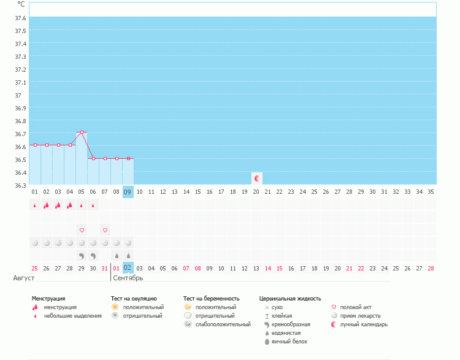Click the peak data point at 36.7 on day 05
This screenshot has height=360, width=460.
[x=82, y=132]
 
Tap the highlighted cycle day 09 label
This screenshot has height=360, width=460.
[x=128, y=191]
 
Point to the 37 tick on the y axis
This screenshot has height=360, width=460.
[x=18, y=95]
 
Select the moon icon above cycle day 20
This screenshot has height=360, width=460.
[x=257, y=178]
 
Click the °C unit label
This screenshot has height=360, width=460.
[x=21, y=4]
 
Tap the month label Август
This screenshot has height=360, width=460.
[x=24, y=278]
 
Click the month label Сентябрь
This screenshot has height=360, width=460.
[x=128, y=278]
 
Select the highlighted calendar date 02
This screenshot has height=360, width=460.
[x=128, y=267]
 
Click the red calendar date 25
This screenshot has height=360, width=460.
[x=35, y=268]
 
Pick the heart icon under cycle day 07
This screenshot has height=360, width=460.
[x=105, y=230]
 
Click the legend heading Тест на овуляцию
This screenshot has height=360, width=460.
[x=133, y=299]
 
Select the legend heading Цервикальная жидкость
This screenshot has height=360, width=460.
[x=290, y=299]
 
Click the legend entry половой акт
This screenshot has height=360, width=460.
[x=356, y=307]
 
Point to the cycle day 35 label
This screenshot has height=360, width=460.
[x=431, y=192]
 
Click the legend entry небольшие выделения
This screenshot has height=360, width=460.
[x=72, y=316]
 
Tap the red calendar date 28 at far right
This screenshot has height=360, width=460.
[x=431, y=268]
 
